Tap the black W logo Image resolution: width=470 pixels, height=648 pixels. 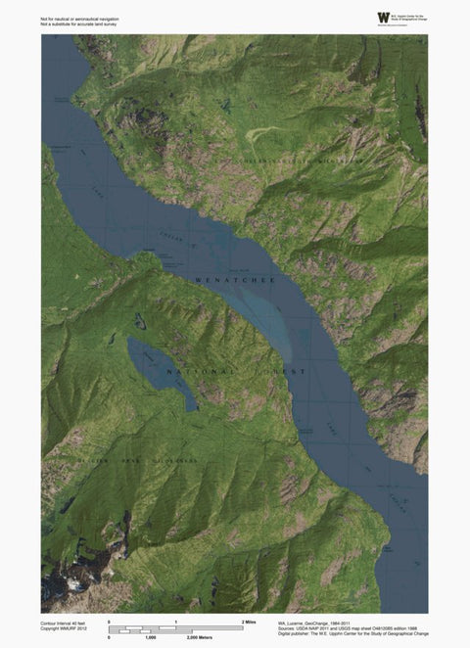coord(382,18)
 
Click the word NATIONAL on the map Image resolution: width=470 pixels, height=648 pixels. coord(201,372)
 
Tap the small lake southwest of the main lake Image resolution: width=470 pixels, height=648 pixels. coord(159,369)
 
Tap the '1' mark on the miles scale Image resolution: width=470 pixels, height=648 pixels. coord(175,622)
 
